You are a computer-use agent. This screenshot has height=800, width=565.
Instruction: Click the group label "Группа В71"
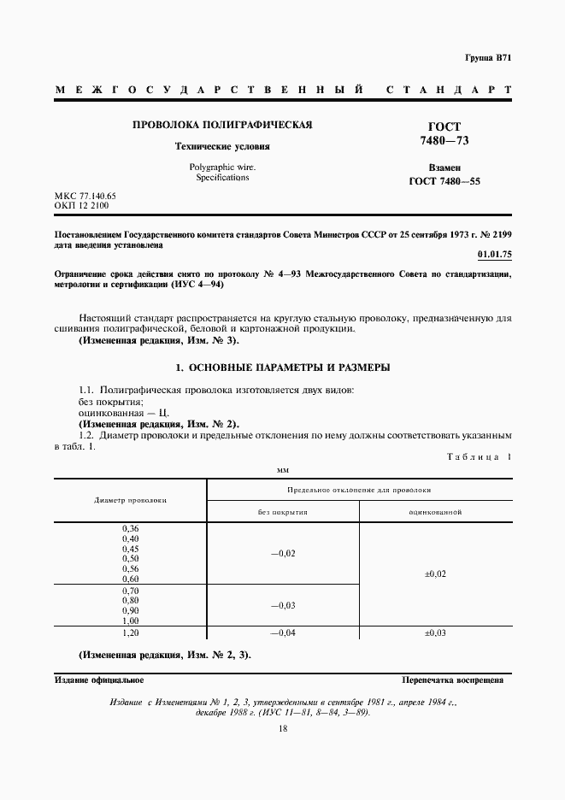(x=488, y=57)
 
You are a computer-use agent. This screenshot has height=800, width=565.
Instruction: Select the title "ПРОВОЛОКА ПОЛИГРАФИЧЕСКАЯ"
(x=222, y=125)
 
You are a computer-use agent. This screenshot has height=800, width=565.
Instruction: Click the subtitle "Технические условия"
(x=221, y=146)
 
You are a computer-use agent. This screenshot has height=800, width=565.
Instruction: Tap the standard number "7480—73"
(x=444, y=140)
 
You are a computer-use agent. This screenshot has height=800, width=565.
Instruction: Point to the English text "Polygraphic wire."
(x=221, y=167)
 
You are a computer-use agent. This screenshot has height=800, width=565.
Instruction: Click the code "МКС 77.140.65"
(x=85, y=197)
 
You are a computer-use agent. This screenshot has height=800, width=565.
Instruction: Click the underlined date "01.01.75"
(x=494, y=254)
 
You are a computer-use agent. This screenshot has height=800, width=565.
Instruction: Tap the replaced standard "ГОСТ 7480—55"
(x=444, y=181)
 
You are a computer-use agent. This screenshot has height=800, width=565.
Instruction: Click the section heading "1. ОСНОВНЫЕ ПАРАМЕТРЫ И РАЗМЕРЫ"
(x=282, y=368)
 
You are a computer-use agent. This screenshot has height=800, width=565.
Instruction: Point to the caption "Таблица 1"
(x=479, y=456)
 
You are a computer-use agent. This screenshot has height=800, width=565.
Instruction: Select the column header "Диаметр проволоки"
(x=131, y=500)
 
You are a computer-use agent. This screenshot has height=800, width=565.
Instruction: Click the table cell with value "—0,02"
(x=283, y=554)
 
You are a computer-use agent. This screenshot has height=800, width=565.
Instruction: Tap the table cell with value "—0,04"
(x=283, y=633)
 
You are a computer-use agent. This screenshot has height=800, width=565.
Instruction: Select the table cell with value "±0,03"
(x=435, y=633)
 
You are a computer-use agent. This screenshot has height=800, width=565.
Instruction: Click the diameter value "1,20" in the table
(x=131, y=633)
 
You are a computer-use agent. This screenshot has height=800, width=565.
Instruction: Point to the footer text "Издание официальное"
(x=99, y=680)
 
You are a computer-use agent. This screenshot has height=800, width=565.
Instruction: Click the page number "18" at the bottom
(x=283, y=728)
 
